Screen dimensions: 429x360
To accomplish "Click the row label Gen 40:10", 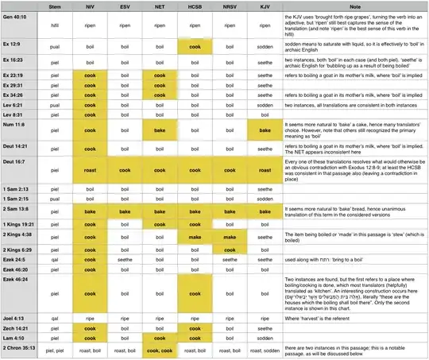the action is pos(17,14).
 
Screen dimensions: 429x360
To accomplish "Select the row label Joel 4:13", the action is pos(16,318).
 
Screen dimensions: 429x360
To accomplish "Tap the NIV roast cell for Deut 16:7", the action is pos(90,170).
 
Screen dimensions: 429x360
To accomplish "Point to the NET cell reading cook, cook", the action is pos(159,349).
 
